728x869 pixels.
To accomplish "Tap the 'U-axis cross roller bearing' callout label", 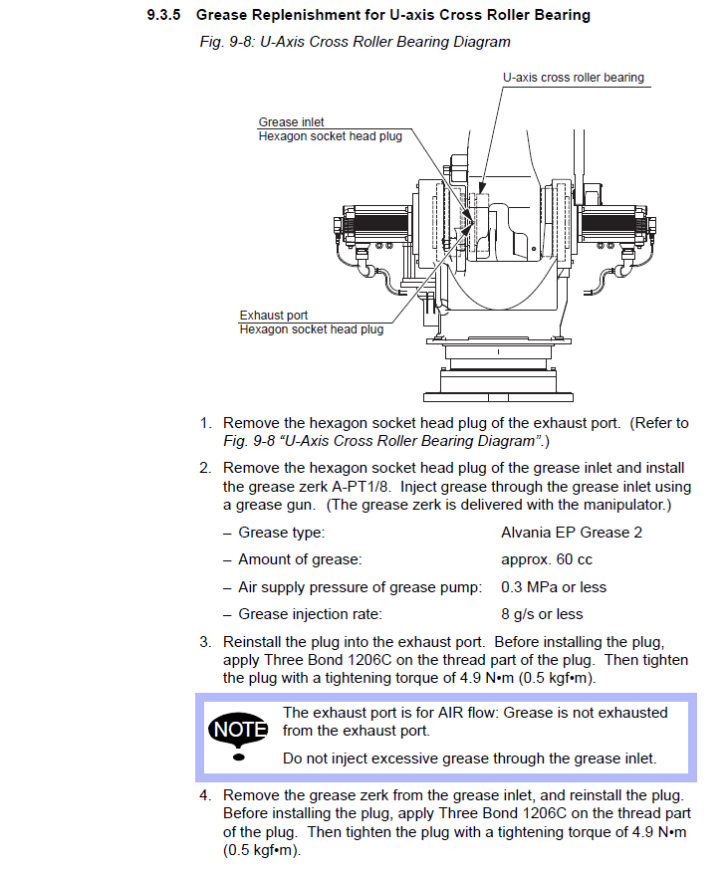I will pyautogui.click(x=573, y=77).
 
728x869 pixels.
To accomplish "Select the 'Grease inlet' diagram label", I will pyautogui.click(x=291, y=122).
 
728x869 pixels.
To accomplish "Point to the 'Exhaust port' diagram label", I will pyautogui.click(x=273, y=316).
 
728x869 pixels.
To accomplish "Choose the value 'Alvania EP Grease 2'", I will pyautogui.click(x=572, y=533).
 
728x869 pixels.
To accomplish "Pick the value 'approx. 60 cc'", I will pyautogui.click(x=547, y=559).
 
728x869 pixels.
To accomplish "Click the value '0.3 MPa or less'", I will pyautogui.click(x=554, y=586).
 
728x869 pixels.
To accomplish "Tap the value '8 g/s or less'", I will pyautogui.click(x=542, y=613).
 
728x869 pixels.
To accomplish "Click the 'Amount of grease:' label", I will pyautogui.click(x=300, y=559).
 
